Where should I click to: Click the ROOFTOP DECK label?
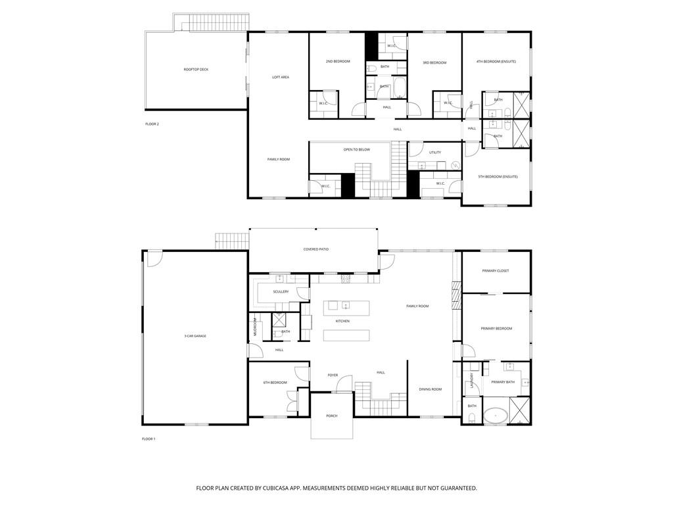click(196, 69)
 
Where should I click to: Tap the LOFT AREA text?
click(281, 77)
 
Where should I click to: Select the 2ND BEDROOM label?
click(338, 61)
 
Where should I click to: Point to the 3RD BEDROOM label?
click(434, 62)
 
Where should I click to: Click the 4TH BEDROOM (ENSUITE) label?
click(496, 61)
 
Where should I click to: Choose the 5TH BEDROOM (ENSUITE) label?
click(498, 176)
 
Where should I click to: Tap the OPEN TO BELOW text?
click(356, 149)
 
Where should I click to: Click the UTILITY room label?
click(435, 152)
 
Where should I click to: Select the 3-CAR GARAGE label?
click(195, 336)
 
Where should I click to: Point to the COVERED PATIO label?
click(315, 249)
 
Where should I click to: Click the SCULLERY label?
click(281, 291)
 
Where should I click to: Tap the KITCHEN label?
click(342, 321)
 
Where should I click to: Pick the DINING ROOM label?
click(430, 389)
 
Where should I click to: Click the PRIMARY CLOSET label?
click(496, 270)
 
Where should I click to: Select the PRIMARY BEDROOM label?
click(496, 328)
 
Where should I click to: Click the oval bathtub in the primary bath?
click(496, 416)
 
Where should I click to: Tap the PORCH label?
click(332, 416)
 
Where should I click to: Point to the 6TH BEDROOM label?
click(275, 382)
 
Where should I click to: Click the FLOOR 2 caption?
click(152, 124)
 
